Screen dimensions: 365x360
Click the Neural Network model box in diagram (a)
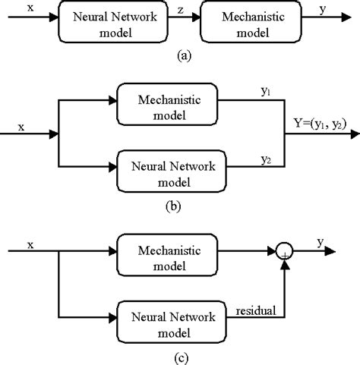tap(100, 27)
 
